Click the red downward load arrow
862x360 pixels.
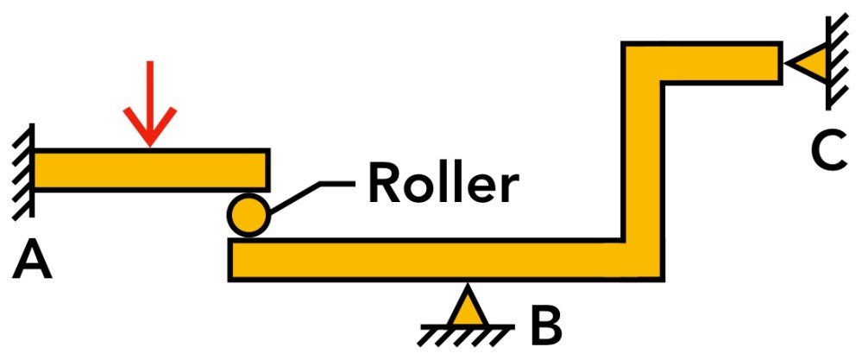[x=150, y=99]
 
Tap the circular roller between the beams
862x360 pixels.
[x=248, y=214]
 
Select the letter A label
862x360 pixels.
[x=32, y=260]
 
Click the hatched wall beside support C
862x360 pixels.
[x=835, y=60]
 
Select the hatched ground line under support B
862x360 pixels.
[x=467, y=331]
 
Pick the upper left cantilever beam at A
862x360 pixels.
[x=151, y=170]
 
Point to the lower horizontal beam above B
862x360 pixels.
[x=431, y=260]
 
